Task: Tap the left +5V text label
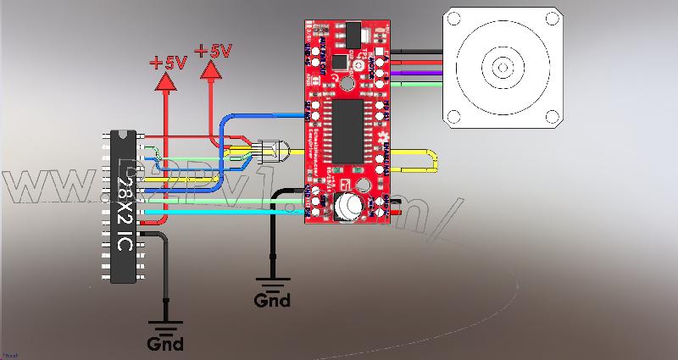(168, 63)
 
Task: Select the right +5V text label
(213, 52)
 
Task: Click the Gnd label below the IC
(164, 343)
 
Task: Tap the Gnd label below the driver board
(272, 300)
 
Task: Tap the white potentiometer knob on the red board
(348, 205)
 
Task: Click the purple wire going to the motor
(420, 74)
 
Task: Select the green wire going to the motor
(420, 84)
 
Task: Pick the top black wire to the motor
(420, 52)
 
